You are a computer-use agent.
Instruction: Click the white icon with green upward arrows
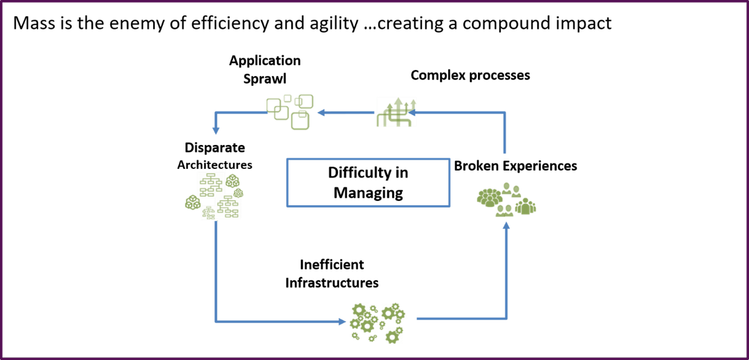pyautogui.click(x=396, y=112)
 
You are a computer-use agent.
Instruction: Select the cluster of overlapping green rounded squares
pyautogui.click(x=290, y=112)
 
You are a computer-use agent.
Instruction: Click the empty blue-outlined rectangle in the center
pyautogui.click(x=368, y=182)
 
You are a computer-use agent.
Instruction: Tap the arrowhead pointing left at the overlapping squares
pyautogui.click(x=321, y=112)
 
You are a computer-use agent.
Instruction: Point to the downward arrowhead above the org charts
pyautogui.click(x=216, y=131)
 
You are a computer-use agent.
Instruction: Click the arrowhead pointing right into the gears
pyautogui.click(x=342, y=321)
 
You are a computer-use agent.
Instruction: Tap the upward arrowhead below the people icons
pyautogui.click(x=506, y=226)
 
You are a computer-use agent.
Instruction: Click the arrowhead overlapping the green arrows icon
pyautogui.click(x=412, y=112)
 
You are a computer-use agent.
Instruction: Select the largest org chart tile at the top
pyautogui.click(x=211, y=185)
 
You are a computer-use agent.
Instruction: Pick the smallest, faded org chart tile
pyautogui.click(x=208, y=213)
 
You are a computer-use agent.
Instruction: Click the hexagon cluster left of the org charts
pyautogui.click(x=192, y=202)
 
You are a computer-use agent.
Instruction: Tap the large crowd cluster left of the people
pyautogui.click(x=489, y=197)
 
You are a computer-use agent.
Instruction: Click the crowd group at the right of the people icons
pyautogui.click(x=526, y=206)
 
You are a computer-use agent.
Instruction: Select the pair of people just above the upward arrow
pyautogui.click(x=504, y=211)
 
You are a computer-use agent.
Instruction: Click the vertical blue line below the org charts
pyautogui.click(x=216, y=269)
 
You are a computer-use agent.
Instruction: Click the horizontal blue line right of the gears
pyautogui.click(x=462, y=319)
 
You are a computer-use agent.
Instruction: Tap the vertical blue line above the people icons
pyautogui.click(x=505, y=133)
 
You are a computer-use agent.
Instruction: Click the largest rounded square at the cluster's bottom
pyautogui.click(x=300, y=121)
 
